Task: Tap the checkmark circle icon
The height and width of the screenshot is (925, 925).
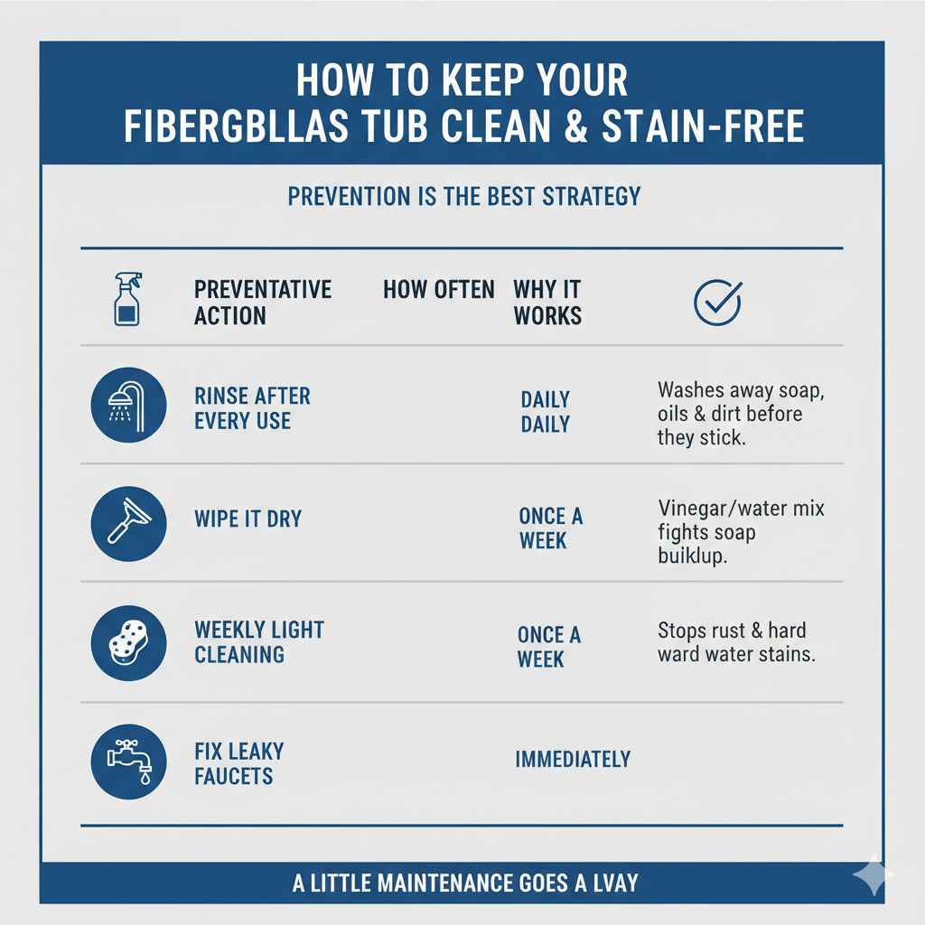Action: [717, 303]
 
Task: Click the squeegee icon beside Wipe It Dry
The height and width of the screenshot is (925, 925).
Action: [129, 524]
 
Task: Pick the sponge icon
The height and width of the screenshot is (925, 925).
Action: [129, 642]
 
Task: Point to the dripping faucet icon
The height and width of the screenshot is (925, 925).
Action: [129, 761]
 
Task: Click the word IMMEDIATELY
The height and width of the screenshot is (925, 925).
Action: [573, 760]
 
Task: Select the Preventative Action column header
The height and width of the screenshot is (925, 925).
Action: [263, 303]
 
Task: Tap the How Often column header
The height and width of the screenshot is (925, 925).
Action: [439, 290]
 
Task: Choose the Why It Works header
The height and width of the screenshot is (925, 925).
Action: [547, 303]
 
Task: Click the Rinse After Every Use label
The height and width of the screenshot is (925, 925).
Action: [252, 408]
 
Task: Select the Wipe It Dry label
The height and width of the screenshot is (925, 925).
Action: [248, 519]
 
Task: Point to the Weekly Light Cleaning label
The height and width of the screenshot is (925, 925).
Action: [259, 641]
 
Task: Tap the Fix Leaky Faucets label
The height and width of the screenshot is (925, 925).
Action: [238, 763]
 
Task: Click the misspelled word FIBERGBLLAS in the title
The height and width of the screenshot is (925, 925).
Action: [236, 127]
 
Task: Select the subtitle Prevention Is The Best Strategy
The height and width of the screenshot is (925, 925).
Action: [463, 196]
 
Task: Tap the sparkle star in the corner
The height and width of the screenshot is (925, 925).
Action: [873, 874]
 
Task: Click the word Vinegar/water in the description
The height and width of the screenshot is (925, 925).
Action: [710, 509]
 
